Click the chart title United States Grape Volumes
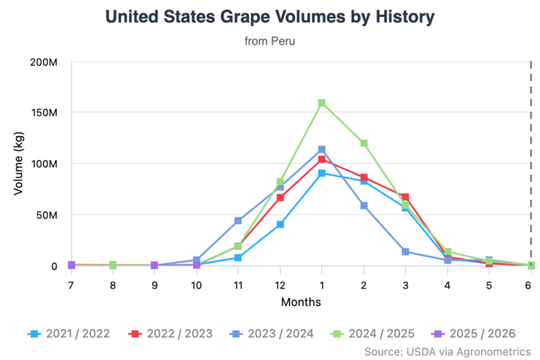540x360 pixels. coord(270,16)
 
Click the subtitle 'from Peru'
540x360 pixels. coord(270,41)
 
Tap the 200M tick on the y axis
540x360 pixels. coord(44,62)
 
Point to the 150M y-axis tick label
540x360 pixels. coord(44,112)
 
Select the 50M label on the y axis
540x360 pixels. coord(46,214)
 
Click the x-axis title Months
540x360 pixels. coord(301,302)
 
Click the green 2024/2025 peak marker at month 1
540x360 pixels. coord(321,103)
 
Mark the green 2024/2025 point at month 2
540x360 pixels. coord(364,143)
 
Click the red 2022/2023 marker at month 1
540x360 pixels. coord(321,160)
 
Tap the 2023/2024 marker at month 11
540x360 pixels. coord(238,221)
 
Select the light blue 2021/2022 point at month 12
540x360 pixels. coord(280,224)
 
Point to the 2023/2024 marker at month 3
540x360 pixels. coord(405,252)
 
